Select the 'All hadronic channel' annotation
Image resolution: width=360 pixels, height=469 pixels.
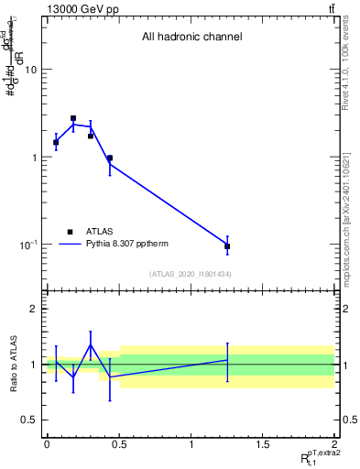(191, 38)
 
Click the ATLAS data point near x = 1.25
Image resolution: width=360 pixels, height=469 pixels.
(227, 246)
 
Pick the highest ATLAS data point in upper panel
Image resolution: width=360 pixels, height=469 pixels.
(73, 118)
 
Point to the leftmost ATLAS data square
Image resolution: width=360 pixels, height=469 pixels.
(56, 143)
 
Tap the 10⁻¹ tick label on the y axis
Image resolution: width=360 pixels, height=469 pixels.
(27, 245)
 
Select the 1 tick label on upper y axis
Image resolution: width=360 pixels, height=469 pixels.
(34, 158)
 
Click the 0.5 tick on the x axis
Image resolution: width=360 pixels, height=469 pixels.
(118, 444)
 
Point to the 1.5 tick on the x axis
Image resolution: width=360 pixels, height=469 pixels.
(263, 444)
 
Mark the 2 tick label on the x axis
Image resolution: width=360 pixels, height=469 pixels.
(334, 444)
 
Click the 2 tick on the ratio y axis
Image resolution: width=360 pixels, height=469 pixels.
(34, 309)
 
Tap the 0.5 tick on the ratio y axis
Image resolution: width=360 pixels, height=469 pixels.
(29, 420)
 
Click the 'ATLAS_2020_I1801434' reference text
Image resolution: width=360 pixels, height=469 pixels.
(191, 274)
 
